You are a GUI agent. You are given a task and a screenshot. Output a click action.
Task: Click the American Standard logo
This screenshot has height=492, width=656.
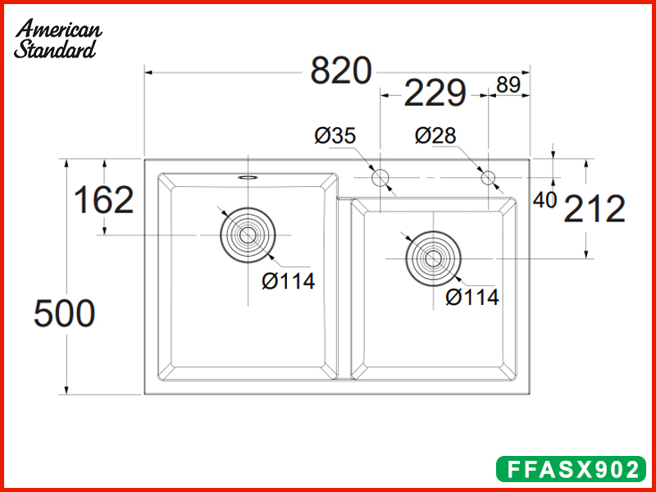57,39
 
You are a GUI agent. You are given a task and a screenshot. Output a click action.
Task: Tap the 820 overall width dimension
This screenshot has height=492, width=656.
341,71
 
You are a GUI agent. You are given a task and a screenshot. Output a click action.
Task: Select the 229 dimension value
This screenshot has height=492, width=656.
435,93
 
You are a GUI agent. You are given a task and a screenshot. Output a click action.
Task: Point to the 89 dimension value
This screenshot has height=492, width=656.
508,84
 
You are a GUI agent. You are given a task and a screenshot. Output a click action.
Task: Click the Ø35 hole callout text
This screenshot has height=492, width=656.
335,135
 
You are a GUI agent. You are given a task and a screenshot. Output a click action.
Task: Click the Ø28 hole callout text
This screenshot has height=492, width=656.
435,135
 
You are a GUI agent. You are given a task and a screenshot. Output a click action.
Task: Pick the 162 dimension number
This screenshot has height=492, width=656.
104,200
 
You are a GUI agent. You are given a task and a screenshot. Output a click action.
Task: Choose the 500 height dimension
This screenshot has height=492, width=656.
65,313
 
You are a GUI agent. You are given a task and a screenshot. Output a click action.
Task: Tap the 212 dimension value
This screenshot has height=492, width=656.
594,209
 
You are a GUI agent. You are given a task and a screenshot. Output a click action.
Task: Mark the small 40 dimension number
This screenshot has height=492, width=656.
544,200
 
